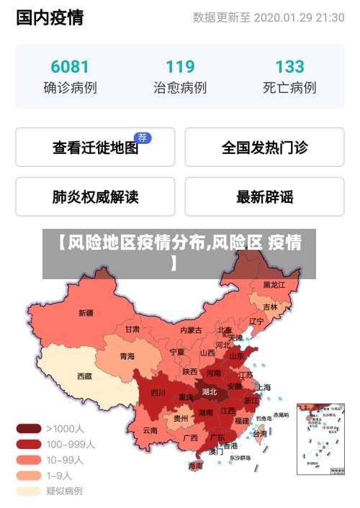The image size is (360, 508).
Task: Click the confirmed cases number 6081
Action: click(70, 67)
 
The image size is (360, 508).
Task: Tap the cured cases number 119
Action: click(180, 67)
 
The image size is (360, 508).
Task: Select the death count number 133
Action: click(289, 67)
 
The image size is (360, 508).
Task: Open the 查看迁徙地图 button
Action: click(95, 148)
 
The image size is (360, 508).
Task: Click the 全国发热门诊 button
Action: click(264, 148)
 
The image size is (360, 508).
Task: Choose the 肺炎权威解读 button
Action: click(95, 196)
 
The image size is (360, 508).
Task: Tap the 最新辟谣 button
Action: click(264, 196)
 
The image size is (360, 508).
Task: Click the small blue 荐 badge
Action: click(143, 137)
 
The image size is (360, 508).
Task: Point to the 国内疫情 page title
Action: click(50, 17)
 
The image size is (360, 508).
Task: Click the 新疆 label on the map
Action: click(86, 313)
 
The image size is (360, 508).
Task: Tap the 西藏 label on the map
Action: click(84, 376)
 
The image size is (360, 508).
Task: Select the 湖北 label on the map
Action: click(210, 391)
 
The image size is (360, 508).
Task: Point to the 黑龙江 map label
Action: click(274, 285)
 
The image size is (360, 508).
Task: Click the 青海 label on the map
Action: click(127, 355)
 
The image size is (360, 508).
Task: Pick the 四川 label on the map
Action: click(158, 392)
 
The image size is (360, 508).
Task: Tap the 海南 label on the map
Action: click(195, 466)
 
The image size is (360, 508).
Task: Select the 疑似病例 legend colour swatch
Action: click(29, 491)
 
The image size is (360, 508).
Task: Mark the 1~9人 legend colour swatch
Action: click(29, 475)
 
